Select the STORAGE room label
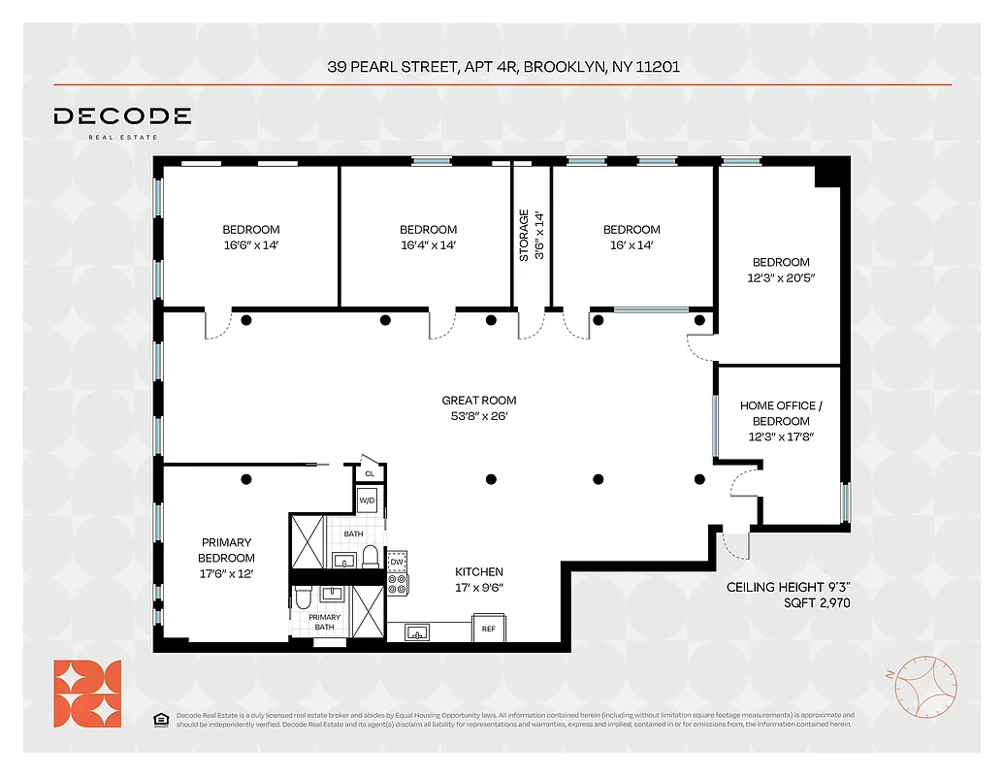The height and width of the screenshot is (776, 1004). pos(524,236)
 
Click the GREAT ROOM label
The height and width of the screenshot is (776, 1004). pos(478,400)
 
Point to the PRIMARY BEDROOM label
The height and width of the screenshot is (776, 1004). pos(226,550)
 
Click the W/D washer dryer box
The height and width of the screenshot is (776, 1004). pos(368,501)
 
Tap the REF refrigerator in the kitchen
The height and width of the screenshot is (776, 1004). pos(488,629)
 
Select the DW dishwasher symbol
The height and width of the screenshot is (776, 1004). pos(397,562)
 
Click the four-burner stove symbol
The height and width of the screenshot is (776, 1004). pos(398,584)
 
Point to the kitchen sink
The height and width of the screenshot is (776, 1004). pos(418,632)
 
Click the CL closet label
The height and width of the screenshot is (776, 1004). pos(370,473)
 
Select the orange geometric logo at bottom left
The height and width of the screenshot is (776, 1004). pos(87,693)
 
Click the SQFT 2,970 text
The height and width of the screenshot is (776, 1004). pos(789,602)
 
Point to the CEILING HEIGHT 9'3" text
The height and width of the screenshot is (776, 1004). pos(789,588)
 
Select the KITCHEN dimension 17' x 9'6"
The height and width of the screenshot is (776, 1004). pos(478,588)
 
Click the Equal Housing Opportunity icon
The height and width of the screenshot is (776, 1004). pos(160,719)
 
